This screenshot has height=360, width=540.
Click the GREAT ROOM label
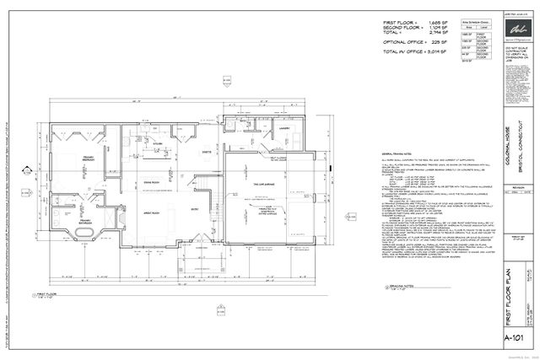tap(152, 212)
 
